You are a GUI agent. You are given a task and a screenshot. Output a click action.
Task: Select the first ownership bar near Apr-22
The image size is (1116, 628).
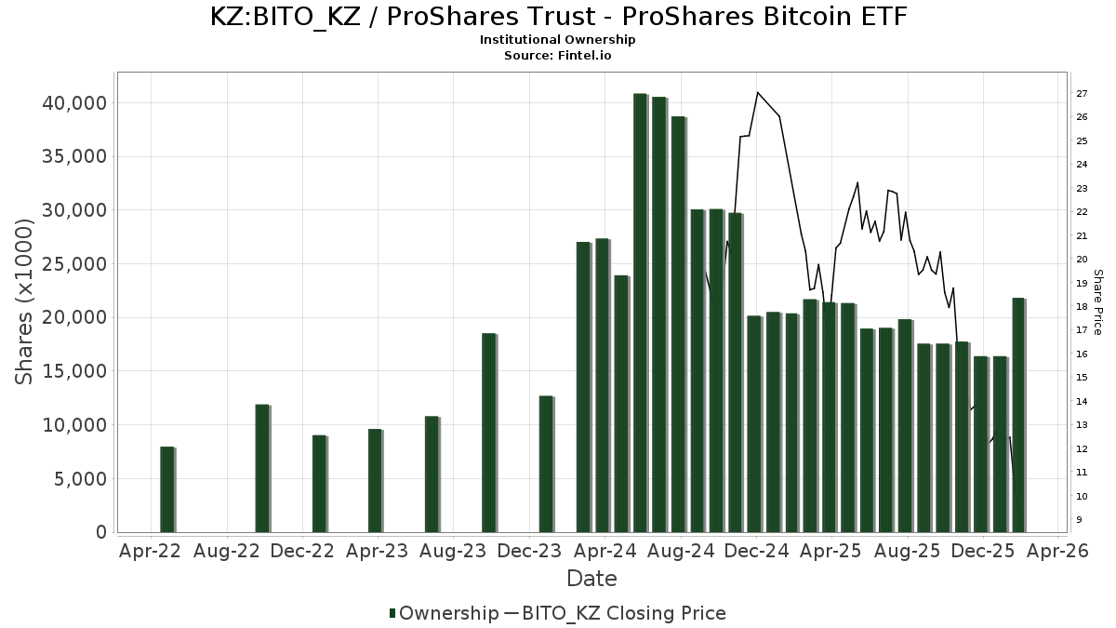tap(167, 489)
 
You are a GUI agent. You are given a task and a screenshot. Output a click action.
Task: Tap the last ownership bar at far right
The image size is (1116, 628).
tap(1018, 415)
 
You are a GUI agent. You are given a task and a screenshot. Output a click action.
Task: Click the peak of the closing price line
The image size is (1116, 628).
tap(758, 92)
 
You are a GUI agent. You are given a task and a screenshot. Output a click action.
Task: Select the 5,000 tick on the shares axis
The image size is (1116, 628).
tap(80, 478)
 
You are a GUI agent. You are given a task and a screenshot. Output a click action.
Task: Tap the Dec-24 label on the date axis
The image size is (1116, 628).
tap(757, 551)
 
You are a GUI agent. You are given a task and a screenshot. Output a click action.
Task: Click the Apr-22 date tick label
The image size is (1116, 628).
tap(150, 551)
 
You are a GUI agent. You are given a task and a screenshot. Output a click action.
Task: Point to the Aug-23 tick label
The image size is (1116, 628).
tap(453, 551)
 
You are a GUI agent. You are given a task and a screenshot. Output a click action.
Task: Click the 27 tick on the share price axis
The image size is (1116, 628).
tap(1083, 94)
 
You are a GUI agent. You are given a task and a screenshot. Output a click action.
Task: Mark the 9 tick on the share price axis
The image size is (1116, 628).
tap(1080, 519)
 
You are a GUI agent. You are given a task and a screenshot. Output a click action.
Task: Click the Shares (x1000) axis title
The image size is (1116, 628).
tap(26, 302)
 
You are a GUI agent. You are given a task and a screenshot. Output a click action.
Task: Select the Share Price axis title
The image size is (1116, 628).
tap(1097, 302)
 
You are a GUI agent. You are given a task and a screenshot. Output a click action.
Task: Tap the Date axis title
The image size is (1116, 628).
tap(591, 579)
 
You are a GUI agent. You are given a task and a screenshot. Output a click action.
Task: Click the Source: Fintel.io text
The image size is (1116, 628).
tap(558, 55)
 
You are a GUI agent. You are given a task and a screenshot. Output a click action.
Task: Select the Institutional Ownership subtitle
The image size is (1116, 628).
tap(558, 40)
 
